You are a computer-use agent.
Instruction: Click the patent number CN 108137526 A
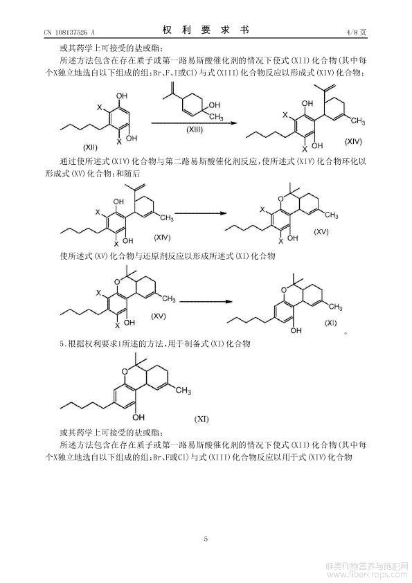[x=69, y=33]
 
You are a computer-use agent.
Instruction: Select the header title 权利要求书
[x=206, y=30]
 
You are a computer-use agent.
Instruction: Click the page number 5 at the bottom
[x=206, y=539]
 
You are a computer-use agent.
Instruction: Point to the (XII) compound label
[x=89, y=147]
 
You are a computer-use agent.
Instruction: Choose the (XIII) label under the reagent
[x=195, y=129]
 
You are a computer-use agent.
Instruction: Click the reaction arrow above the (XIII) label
[x=194, y=123]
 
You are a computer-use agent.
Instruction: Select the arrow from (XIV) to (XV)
[x=201, y=213]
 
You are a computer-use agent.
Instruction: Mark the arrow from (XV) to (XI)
[x=206, y=301]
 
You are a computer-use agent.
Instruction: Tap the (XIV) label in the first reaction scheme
[x=353, y=141]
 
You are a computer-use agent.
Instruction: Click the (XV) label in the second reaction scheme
[x=321, y=231]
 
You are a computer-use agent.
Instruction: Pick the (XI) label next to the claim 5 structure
[x=201, y=420]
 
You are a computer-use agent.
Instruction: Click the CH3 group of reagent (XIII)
[x=217, y=117]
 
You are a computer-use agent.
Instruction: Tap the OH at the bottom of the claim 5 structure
[x=138, y=417]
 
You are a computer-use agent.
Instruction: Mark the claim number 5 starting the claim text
[x=62, y=344]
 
